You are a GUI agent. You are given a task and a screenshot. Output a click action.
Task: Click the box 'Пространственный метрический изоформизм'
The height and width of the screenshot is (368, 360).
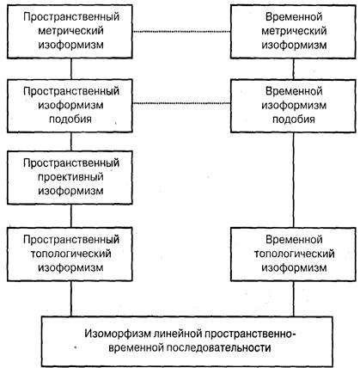point(70,31)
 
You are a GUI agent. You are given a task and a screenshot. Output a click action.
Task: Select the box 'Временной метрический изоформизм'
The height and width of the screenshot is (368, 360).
point(293,31)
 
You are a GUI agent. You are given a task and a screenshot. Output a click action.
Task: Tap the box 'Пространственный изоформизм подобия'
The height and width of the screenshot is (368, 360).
point(70,106)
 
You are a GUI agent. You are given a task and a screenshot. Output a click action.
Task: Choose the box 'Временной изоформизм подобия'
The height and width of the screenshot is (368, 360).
point(293,106)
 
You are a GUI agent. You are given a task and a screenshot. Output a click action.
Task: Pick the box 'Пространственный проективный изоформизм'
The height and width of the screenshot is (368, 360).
point(70,177)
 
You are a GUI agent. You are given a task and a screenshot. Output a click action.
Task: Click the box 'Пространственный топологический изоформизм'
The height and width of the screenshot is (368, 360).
point(70,254)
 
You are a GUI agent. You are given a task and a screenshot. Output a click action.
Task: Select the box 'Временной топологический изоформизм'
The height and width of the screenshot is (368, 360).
point(293,254)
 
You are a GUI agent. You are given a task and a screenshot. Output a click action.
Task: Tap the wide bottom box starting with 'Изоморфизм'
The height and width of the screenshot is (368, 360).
point(187,341)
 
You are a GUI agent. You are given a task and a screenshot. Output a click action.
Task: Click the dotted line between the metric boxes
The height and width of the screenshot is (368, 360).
point(181,32)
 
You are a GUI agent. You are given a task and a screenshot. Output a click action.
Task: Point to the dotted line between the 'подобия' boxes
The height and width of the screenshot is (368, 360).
point(181,103)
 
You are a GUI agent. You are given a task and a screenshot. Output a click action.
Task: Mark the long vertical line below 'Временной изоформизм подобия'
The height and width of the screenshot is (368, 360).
point(294,180)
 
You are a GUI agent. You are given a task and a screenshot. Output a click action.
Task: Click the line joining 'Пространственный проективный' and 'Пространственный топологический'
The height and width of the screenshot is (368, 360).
point(71,216)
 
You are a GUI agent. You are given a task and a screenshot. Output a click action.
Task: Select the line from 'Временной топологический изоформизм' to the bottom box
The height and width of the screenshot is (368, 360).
point(294,298)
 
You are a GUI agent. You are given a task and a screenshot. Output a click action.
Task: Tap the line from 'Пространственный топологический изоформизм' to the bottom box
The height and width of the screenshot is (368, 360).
point(71,298)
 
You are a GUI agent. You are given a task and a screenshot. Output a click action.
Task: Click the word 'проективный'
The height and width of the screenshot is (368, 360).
point(70,177)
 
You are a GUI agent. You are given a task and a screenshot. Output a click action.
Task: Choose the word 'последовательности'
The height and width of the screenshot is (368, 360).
point(219,348)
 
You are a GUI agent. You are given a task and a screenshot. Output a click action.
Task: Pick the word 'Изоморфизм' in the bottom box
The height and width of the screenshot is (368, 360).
point(118,334)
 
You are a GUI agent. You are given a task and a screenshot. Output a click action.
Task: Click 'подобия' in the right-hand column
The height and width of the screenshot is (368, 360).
point(294,120)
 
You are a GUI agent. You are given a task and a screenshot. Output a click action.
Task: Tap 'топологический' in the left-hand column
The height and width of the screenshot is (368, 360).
point(70,254)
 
